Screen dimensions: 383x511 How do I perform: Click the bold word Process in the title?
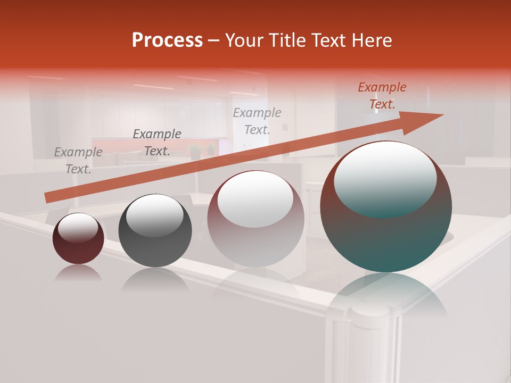click(x=167, y=40)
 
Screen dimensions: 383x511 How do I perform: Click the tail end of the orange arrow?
click(x=47, y=198)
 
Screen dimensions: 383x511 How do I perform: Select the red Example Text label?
click(x=382, y=96)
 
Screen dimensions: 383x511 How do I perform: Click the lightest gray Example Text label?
click(x=257, y=121)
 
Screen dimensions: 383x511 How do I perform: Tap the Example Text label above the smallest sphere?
click(x=78, y=160)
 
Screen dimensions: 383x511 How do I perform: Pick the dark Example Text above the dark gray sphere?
click(x=157, y=142)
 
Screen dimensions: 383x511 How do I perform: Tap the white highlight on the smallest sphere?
click(x=78, y=228)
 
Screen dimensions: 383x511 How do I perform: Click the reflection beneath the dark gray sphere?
click(x=154, y=279)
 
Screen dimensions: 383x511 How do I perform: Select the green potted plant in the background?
click(x=196, y=152)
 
